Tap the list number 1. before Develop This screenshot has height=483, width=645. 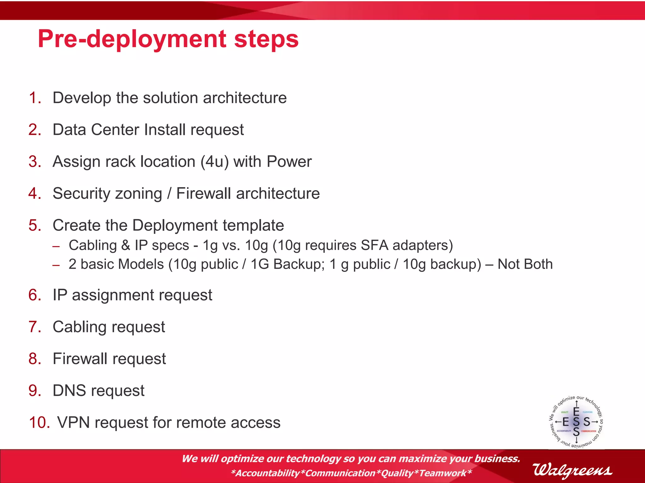tap(35, 98)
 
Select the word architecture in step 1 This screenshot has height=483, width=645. tap(245, 98)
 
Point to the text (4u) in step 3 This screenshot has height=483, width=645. tap(214, 162)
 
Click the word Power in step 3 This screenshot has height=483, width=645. tap(289, 162)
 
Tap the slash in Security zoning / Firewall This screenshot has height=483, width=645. tap(169, 193)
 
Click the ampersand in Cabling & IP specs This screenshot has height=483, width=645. tap(126, 245)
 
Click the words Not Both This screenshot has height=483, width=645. tap(525, 264)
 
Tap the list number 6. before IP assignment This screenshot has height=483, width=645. tap(35, 295)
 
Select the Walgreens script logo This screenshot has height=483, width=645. tap(572, 470)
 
